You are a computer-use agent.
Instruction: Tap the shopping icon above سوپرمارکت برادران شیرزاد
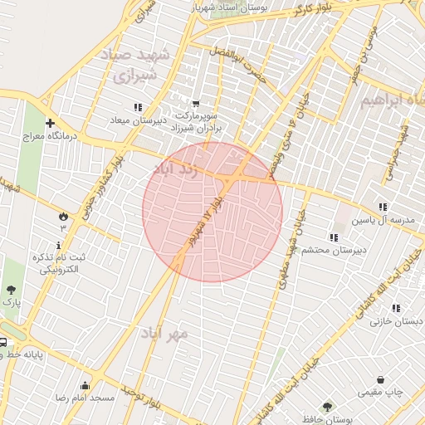[x=196, y=93]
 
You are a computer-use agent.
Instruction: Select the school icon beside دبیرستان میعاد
[x=138, y=107]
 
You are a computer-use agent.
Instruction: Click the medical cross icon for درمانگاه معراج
[x=50, y=122]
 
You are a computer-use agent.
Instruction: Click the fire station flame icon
[x=62, y=215]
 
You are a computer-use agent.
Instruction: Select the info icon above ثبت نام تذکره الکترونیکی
[x=58, y=245]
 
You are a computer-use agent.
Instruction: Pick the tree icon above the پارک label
[x=11, y=290]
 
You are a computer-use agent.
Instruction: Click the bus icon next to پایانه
[x=2, y=342]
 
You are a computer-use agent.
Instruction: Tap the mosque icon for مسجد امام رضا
[x=85, y=385]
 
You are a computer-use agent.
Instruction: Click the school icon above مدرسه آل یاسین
[x=383, y=207]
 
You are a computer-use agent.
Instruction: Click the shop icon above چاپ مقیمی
[x=380, y=379]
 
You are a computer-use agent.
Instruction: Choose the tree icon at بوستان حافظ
[x=327, y=407]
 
